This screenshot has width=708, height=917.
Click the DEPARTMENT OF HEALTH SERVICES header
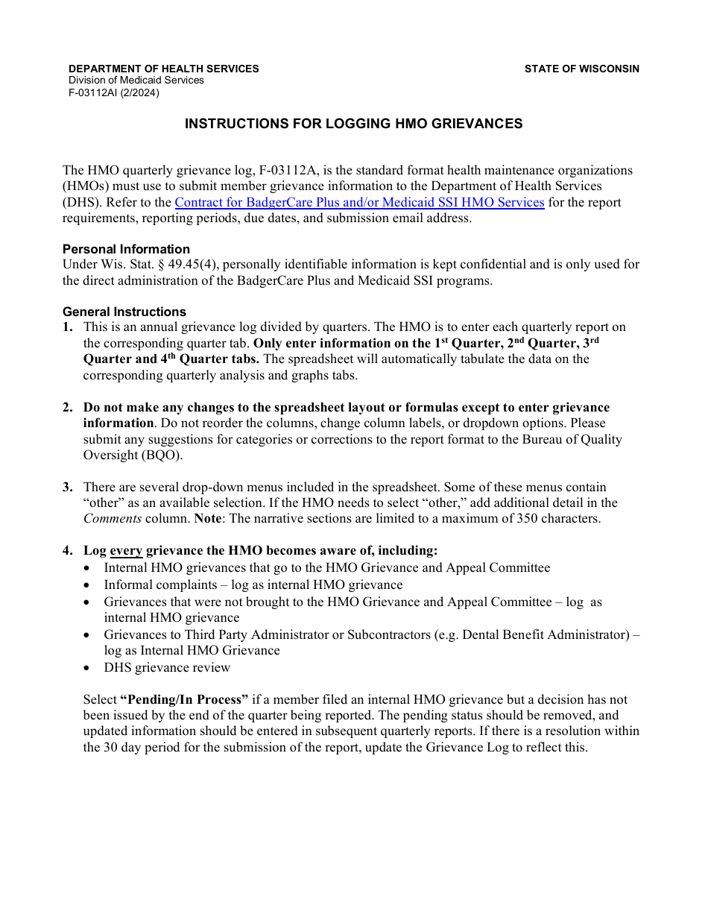164,69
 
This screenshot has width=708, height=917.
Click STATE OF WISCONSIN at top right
581,69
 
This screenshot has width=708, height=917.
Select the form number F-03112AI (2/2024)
114,93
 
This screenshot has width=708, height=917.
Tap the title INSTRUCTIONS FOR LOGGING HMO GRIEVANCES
353,124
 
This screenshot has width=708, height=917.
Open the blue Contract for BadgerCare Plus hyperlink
359,202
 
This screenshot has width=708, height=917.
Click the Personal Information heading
126,249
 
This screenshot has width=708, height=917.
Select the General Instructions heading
124,312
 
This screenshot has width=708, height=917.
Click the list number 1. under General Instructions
68,327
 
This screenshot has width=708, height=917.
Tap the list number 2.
68,408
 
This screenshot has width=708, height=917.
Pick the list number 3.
68,488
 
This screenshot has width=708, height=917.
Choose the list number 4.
68,551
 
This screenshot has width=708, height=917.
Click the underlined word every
126,551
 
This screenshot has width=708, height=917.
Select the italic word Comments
112,519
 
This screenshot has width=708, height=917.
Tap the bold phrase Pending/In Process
184,700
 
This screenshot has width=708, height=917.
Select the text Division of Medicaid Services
136,81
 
